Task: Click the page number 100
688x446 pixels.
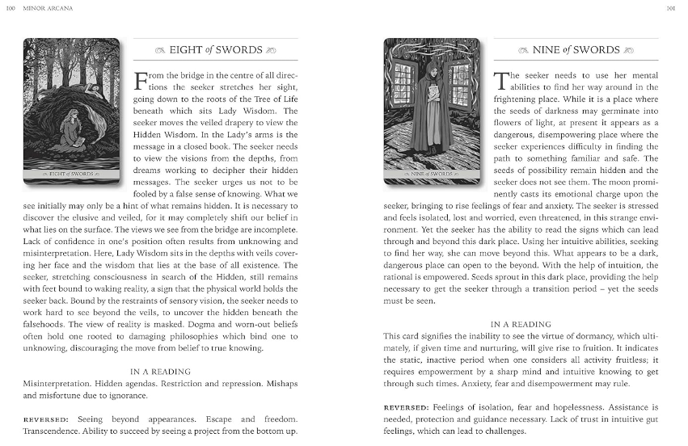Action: [10, 9]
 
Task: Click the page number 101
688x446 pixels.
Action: [669, 9]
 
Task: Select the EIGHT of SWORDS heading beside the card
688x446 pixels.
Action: [216, 50]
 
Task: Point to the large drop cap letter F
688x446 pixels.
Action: [141, 82]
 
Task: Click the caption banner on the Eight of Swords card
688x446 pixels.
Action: [72, 174]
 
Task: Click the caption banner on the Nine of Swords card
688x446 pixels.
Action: [431, 174]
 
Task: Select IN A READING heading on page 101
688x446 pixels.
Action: [520, 324]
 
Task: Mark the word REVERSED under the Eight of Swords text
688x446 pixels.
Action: [45, 419]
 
